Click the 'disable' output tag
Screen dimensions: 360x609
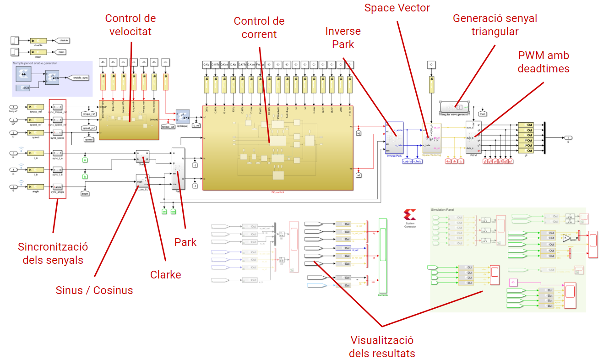coord(62,40)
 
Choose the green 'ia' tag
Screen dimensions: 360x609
coord(85,160)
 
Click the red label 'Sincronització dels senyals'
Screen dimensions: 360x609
coord(53,253)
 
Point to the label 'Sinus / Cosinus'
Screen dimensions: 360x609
coord(94,290)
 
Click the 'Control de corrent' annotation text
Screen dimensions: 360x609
coord(259,27)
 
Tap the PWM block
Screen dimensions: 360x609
coord(473,137)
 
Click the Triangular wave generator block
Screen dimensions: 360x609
coord(454,107)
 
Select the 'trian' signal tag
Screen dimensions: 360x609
coord(482,113)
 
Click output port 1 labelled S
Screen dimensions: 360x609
coord(567,137)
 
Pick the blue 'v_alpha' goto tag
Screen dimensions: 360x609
coord(406,161)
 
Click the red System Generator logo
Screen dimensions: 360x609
coord(410,215)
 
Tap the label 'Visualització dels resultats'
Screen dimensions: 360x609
coord(381,347)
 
